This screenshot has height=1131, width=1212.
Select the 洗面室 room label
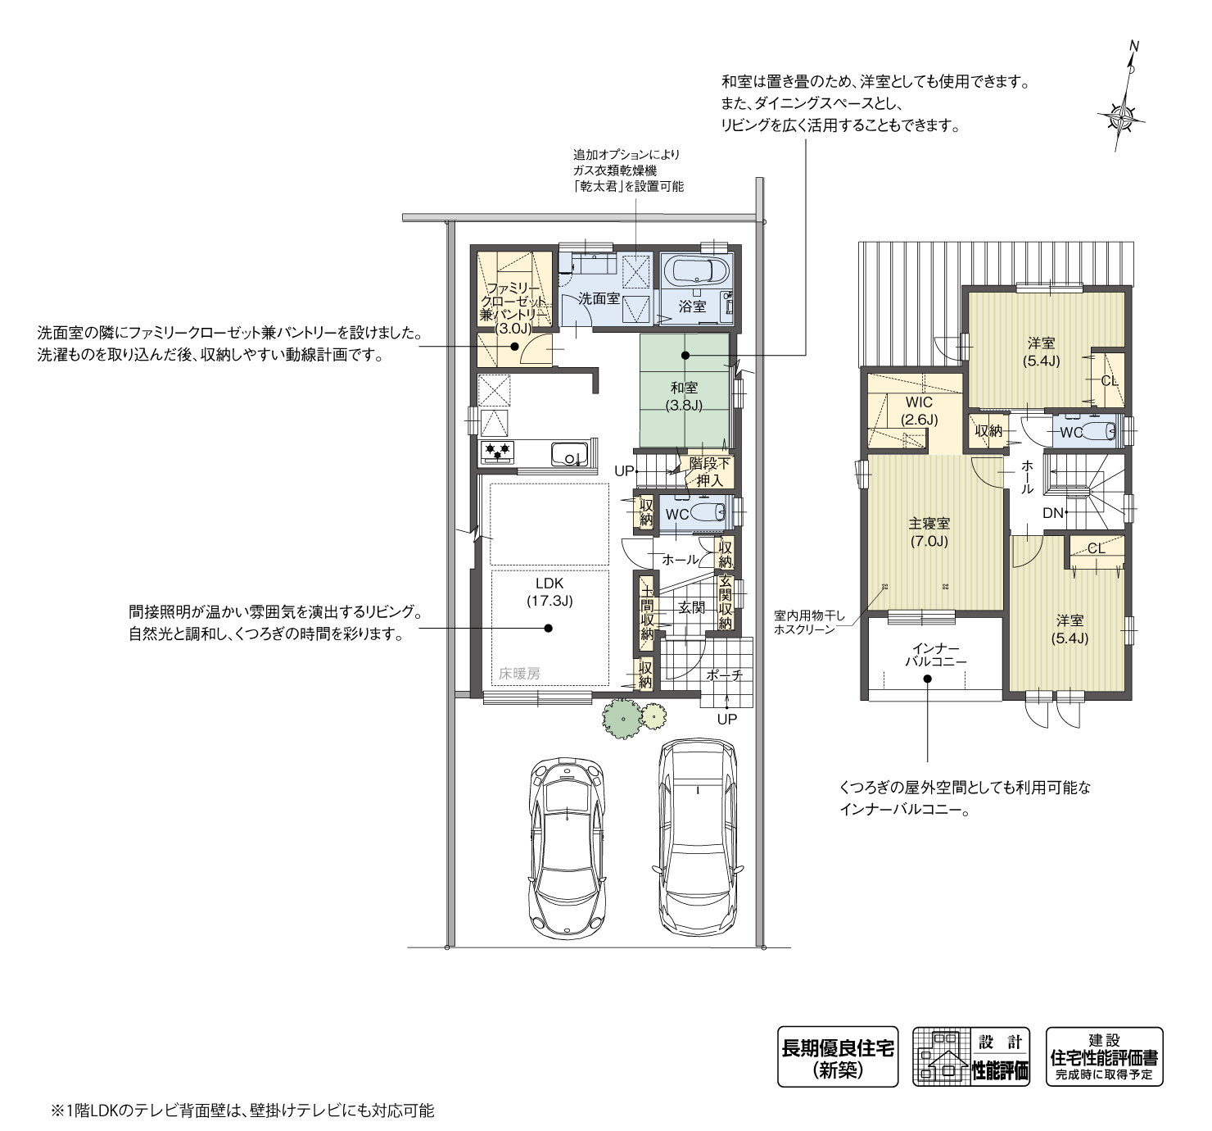click(x=599, y=298)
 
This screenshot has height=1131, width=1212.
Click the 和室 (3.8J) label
click(x=684, y=396)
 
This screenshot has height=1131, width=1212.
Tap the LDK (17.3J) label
click(x=549, y=592)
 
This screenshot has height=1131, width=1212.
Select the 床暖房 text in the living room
click(x=519, y=674)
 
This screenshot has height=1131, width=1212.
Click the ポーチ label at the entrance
click(x=725, y=675)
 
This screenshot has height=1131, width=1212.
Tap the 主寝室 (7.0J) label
click(x=929, y=532)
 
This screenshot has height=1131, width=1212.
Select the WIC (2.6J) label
click(x=919, y=411)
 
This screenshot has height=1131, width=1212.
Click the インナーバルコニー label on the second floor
click(x=935, y=654)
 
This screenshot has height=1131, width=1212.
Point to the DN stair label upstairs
click(x=1052, y=513)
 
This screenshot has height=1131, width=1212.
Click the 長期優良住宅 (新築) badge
click(x=837, y=1057)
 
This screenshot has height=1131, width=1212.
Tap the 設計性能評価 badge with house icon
click(x=971, y=1057)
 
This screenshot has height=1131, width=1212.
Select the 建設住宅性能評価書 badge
click(x=1104, y=1057)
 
